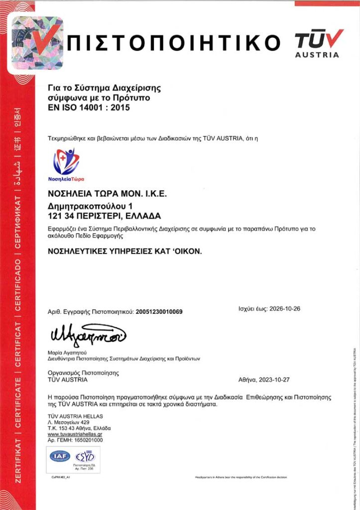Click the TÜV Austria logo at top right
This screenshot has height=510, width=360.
pyautogui.click(x=319, y=43)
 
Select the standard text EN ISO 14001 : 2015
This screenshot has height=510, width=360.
pyautogui.click(x=89, y=107)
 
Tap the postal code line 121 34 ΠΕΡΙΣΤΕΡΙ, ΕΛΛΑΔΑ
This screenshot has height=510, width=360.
pyautogui.click(x=104, y=216)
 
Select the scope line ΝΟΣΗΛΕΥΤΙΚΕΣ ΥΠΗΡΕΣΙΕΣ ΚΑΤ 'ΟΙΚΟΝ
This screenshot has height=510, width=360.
pyautogui.click(x=124, y=252)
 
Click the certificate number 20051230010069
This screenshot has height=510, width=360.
pyautogui.click(x=159, y=312)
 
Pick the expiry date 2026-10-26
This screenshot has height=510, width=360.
pyautogui.click(x=285, y=309)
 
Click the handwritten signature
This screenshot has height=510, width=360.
pyautogui.click(x=88, y=333)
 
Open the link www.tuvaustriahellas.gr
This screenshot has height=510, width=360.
pyautogui.click(x=75, y=435)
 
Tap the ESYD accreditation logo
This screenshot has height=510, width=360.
pyautogui.click(x=84, y=456)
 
